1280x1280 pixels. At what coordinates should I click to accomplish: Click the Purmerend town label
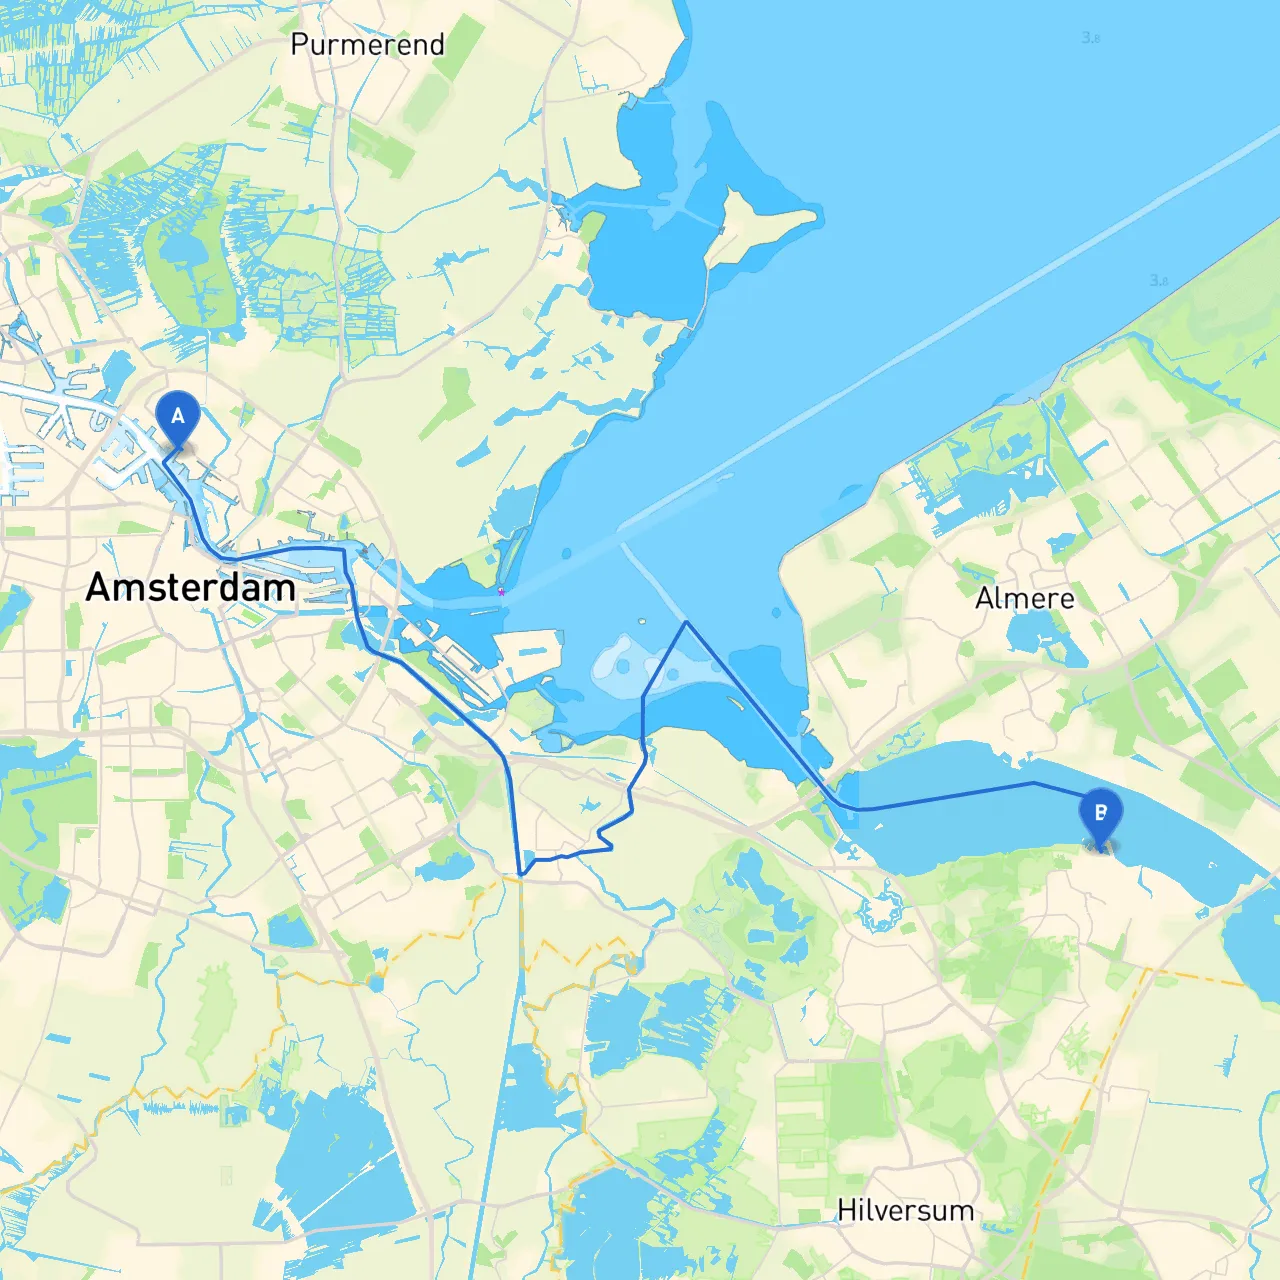367,45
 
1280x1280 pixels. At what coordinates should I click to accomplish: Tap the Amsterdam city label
190,587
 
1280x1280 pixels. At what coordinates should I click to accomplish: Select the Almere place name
1025,598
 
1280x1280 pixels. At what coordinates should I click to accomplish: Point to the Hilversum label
905,1210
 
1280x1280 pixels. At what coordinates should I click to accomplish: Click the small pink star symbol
501,592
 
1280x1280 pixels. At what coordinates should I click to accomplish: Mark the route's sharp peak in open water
686,622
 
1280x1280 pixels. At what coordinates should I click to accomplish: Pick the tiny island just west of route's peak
642,622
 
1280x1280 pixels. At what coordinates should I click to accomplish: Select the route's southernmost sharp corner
521,875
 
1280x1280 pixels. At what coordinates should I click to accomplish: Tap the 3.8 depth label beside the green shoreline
1159,281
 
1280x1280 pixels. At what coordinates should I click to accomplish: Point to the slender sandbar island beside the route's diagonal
737,703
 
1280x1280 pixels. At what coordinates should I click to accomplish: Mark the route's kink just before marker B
1034,783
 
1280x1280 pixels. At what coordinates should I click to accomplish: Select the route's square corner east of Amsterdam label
345,549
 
